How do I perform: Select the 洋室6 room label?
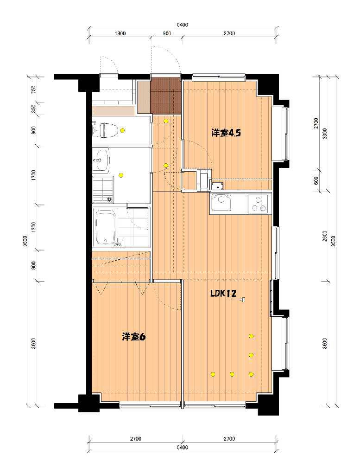(134, 337)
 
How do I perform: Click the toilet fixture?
(105, 130)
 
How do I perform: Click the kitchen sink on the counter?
(223, 204)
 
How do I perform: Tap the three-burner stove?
(258, 204)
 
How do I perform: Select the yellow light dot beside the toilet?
(122, 130)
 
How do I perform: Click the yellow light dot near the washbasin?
(121, 175)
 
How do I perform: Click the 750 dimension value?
(33, 90)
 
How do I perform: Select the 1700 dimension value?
(33, 175)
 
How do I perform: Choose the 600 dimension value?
(316, 180)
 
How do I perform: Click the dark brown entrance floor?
(165, 96)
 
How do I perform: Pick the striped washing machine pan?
(102, 189)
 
